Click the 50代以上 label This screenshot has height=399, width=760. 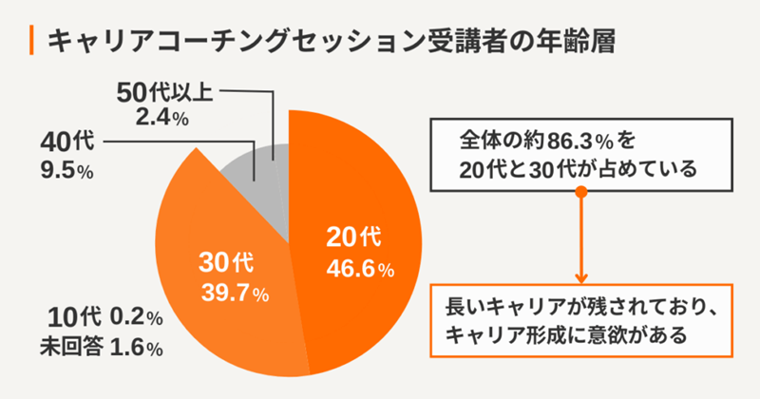164,94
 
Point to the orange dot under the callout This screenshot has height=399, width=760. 581,193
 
